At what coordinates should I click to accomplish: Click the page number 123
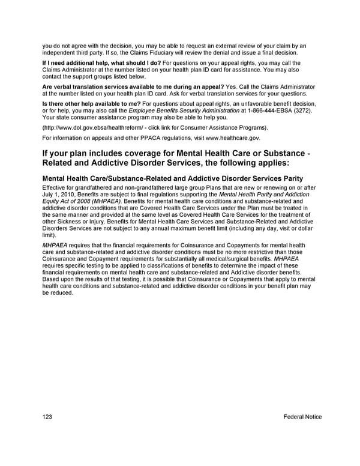coord(48,417)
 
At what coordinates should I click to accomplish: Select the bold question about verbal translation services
coord(133,86)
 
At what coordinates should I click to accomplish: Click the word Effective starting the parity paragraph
coord(56,189)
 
